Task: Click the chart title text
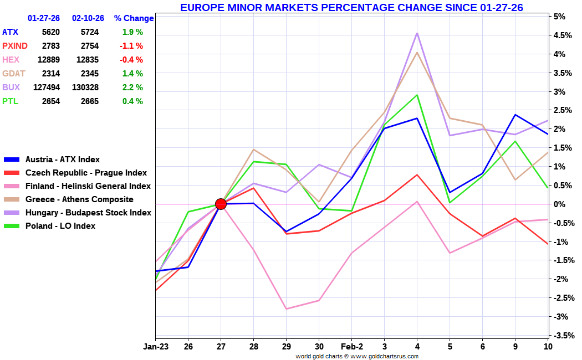(x=351, y=7)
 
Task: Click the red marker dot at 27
(x=221, y=204)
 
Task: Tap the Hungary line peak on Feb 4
(x=417, y=33)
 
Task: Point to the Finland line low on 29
(x=286, y=308)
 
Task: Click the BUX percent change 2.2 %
(x=132, y=88)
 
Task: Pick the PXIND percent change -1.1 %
(x=131, y=46)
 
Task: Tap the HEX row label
(x=10, y=60)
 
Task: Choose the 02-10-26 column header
(x=88, y=18)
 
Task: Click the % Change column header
(x=134, y=18)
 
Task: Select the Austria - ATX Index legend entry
(x=63, y=160)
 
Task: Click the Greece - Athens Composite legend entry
(x=79, y=199)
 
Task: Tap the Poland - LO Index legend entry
(x=60, y=226)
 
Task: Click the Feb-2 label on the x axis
(x=351, y=347)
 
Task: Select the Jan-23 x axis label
(x=156, y=347)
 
